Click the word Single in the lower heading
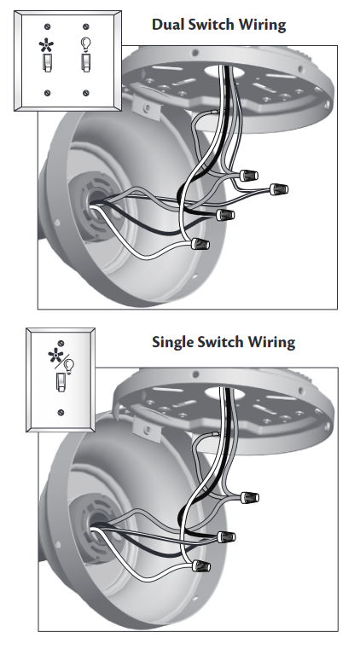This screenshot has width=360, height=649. tap(172, 342)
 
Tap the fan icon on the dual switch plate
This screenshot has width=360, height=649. tap(46, 44)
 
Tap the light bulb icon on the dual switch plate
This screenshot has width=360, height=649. tap(85, 44)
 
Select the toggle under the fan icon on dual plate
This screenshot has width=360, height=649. tap(47, 62)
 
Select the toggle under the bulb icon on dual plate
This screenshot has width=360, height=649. tap(85, 62)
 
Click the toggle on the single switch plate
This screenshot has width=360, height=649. tap(61, 381)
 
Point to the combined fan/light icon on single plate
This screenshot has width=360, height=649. tap(61, 361)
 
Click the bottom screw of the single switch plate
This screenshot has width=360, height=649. tap(61, 412)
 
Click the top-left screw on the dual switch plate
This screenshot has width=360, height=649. tap(47, 27)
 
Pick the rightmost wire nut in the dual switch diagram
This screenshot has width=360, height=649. tap(279, 189)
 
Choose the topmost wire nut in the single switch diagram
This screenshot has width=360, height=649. tap(249, 497)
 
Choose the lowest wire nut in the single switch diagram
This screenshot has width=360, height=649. tap(200, 565)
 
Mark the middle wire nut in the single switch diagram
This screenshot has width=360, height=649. tap(226, 536)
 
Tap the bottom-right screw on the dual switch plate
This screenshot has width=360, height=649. tap(86, 93)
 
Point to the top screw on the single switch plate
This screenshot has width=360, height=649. tap(61, 343)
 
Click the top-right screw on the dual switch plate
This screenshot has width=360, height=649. tap(86, 27)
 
